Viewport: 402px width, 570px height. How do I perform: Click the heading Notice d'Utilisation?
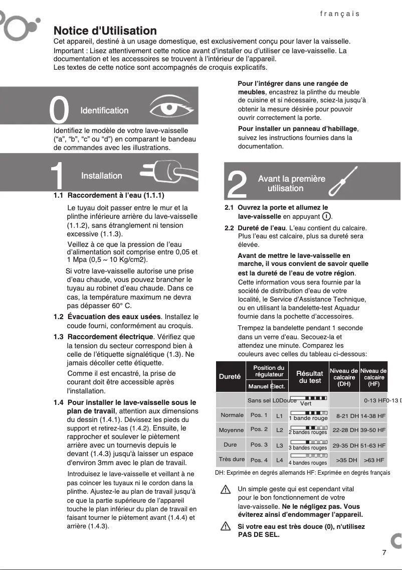(x=105, y=31)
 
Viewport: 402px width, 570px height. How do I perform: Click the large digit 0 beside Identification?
(x=60, y=110)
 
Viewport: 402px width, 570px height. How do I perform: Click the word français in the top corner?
(x=340, y=14)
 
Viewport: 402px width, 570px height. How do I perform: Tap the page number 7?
(x=384, y=553)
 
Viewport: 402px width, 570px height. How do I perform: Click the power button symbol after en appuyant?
(x=326, y=216)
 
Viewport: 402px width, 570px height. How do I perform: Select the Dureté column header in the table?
(x=230, y=376)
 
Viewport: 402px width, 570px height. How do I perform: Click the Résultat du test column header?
(x=309, y=377)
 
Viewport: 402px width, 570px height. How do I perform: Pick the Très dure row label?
(x=232, y=459)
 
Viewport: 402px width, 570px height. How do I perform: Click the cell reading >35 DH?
(x=346, y=460)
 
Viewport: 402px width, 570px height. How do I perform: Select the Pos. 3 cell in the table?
(x=259, y=445)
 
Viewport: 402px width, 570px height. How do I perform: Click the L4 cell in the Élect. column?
(x=280, y=460)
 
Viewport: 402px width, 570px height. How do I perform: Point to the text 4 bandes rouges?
(x=307, y=463)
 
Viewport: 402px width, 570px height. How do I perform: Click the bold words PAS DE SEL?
(x=259, y=534)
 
